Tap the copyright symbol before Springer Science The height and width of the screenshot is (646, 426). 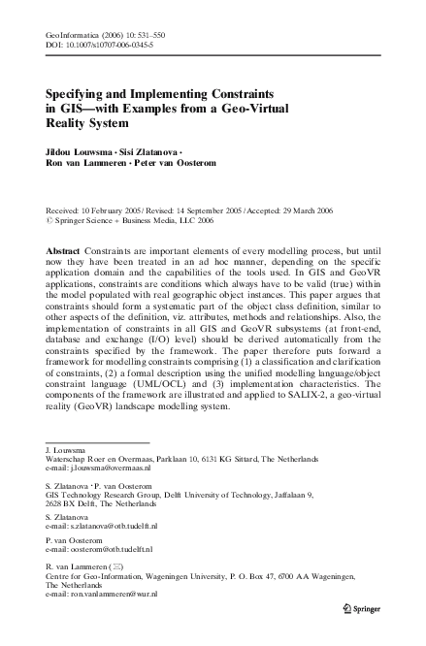(49, 220)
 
